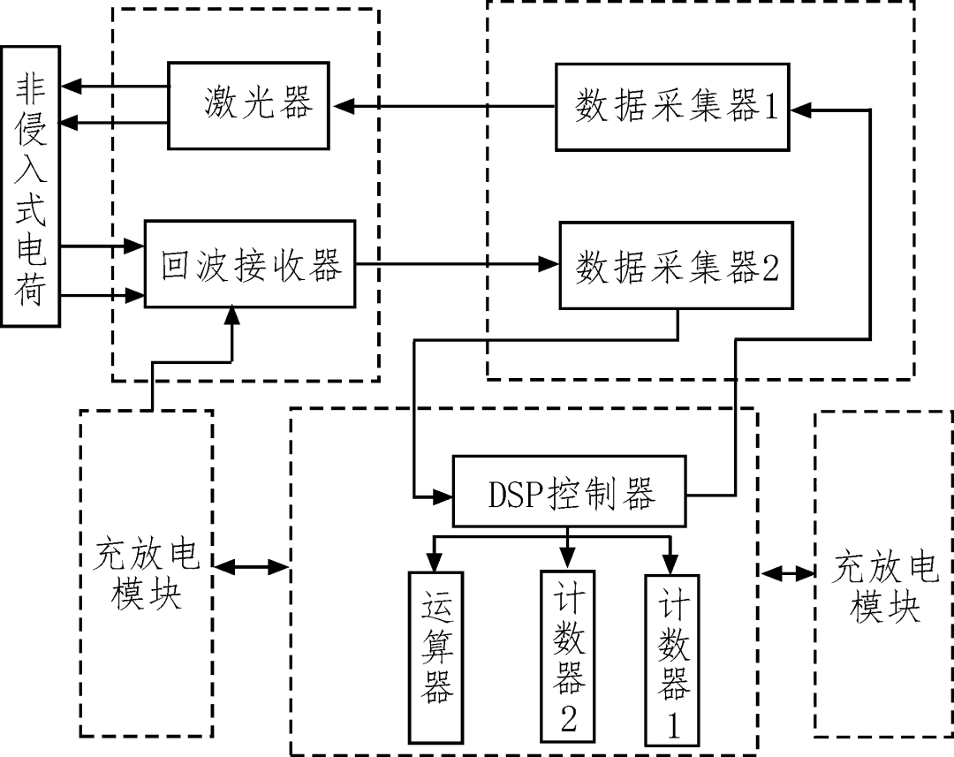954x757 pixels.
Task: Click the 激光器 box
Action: click(x=248, y=105)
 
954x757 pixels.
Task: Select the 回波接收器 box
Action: click(x=250, y=264)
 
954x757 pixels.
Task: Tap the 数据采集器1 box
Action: click(x=672, y=107)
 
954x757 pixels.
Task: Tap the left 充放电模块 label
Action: click(x=147, y=575)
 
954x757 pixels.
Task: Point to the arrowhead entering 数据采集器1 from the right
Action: click(x=799, y=110)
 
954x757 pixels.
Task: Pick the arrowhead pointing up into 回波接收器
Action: click(x=232, y=314)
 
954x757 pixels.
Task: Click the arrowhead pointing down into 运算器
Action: click(x=435, y=562)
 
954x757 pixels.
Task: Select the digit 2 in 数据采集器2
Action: click(x=769, y=267)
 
